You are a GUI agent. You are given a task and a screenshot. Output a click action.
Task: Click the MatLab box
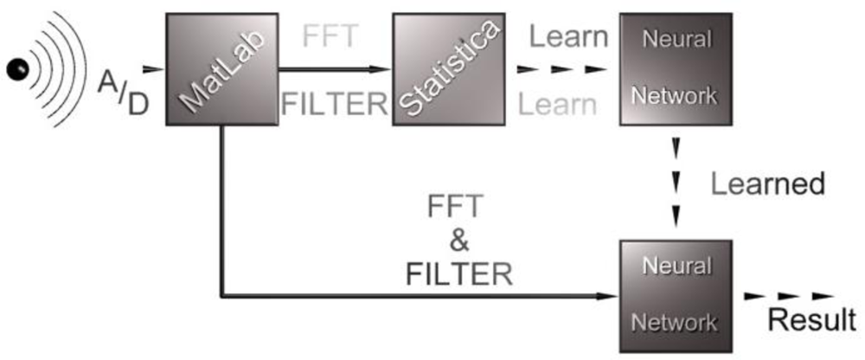click(221, 68)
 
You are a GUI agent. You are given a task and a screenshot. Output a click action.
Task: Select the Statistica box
click(448, 68)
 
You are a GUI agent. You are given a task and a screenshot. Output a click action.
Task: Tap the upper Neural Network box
click(676, 68)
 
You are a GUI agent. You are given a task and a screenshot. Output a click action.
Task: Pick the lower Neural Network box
click(676, 294)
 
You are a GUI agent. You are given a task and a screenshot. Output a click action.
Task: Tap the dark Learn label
click(569, 37)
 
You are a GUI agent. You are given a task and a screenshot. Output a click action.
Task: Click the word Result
click(812, 320)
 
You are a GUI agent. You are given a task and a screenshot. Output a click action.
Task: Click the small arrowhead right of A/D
click(152, 68)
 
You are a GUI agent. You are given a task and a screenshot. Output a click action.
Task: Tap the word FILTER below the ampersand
click(459, 274)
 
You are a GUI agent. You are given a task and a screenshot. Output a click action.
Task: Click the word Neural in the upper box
click(675, 39)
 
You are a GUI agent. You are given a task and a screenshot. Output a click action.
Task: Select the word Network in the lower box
click(675, 322)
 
